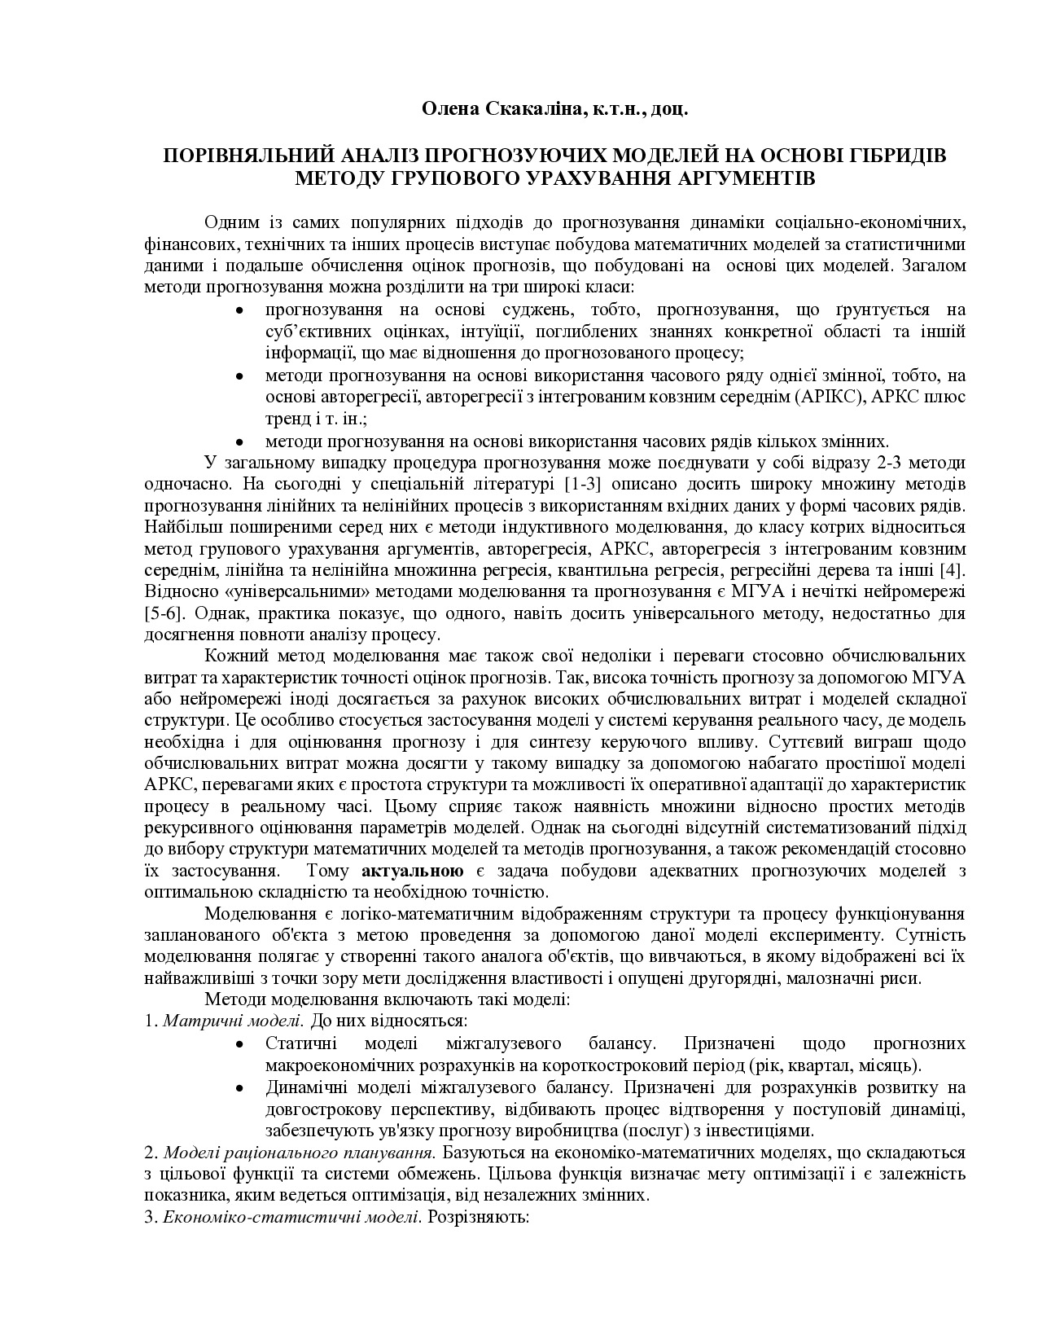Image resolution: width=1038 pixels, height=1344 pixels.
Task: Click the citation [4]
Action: [x=951, y=568]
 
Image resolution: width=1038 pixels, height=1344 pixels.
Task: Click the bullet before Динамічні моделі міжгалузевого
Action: [x=239, y=1088]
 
